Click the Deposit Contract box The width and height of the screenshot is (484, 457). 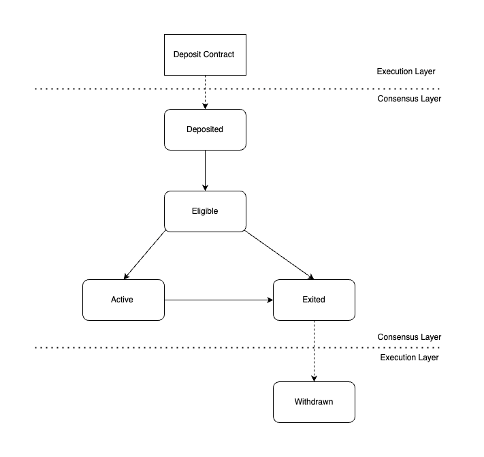click(204, 54)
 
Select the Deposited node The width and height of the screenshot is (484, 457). click(204, 129)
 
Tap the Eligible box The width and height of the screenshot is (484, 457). click(204, 211)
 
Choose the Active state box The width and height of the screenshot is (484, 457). click(123, 300)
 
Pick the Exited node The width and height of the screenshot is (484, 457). click(313, 300)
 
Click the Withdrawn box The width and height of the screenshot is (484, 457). click(313, 402)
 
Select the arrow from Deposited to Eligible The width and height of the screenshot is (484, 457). click(205, 170)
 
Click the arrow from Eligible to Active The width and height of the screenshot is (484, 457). click(144, 255)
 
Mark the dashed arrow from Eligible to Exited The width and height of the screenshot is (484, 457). click(279, 255)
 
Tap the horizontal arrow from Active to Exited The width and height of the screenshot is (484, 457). click(218, 300)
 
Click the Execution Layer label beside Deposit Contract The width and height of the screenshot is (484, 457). click(406, 72)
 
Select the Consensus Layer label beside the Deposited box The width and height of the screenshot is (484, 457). click(408, 99)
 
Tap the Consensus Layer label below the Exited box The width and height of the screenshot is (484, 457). click(408, 337)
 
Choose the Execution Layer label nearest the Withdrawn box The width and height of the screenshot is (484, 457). click(408, 357)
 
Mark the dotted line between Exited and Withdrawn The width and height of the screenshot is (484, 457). click(170, 347)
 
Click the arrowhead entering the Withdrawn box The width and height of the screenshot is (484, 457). click(314, 377)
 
